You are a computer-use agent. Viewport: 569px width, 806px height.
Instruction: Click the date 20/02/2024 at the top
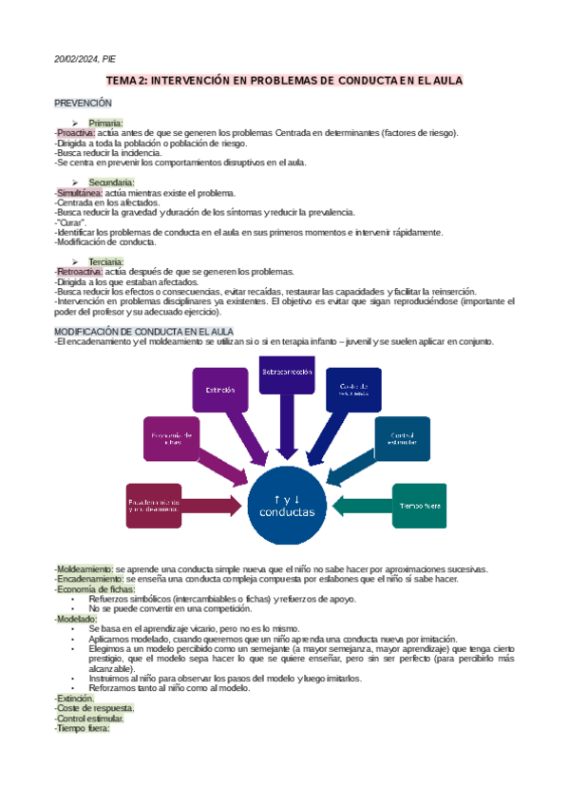[x=76, y=59]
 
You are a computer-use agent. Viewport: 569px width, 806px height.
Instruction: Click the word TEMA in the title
[x=123, y=82]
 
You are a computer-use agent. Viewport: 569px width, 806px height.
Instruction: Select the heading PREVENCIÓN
[x=83, y=102]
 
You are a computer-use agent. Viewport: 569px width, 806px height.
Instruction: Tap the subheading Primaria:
[x=105, y=123]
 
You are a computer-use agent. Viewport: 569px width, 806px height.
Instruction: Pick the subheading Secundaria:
[x=111, y=182]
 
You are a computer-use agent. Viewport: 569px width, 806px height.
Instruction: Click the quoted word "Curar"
[x=72, y=222]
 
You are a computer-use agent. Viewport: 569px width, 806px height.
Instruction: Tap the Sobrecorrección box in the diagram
[x=287, y=373]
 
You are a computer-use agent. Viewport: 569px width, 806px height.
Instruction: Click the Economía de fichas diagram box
[x=172, y=438]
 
